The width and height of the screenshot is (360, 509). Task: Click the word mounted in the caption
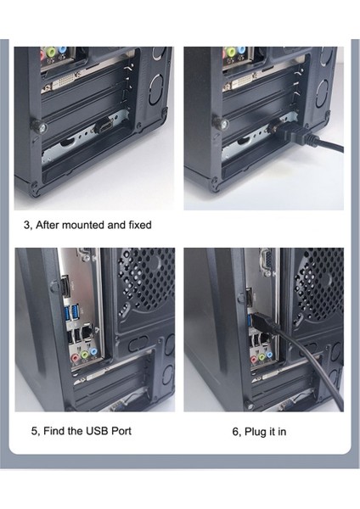point(83,225)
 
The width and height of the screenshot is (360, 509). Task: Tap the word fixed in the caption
point(140,225)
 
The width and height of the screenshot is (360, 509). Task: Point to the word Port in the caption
point(121,431)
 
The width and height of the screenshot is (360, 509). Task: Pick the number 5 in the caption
point(35,432)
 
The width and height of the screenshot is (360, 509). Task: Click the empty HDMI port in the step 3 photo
point(104,126)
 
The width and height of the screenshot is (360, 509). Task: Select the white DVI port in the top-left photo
point(64,82)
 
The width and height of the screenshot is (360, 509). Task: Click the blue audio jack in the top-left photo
point(62,51)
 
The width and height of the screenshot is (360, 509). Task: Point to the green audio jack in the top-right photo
point(231,51)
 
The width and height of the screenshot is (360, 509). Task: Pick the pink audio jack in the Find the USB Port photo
point(76,358)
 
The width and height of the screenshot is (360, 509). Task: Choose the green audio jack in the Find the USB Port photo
point(85,355)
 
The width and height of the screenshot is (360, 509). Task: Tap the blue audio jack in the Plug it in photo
point(270,355)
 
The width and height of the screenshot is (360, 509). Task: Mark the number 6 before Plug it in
point(237,432)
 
